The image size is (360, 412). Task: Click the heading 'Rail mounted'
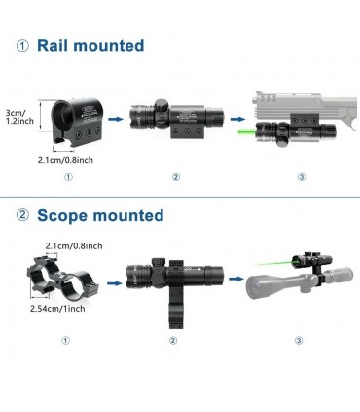tap(90, 46)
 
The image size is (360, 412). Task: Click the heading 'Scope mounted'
tap(100, 215)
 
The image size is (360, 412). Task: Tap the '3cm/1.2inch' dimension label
tap(19, 117)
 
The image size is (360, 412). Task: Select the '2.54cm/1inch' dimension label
tap(57, 309)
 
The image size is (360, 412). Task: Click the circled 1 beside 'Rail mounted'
tap(22, 46)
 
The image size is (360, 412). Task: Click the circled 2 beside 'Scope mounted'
tap(22, 215)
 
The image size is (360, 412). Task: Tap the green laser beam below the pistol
tap(247, 131)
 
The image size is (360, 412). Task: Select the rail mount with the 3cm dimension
tap(77, 123)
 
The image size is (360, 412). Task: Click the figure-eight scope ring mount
tap(62, 278)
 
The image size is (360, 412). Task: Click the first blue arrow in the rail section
tap(116, 119)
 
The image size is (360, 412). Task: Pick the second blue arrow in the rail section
tap(238, 119)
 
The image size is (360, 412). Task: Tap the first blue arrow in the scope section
tap(115, 283)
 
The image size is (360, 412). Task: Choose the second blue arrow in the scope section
tap(236, 279)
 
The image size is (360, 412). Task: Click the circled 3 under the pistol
tap(302, 177)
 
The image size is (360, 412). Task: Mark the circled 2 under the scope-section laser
tap(173, 341)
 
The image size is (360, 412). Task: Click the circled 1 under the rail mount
tap(68, 177)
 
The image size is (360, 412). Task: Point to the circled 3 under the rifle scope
tap(299, 341)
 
